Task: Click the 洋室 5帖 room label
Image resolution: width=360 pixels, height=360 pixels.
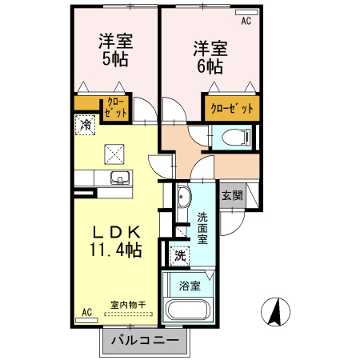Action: pyautogui.click(x=115, y=49)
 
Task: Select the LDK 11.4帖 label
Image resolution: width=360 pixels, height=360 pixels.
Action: pyautogui.click(x=116, y=241)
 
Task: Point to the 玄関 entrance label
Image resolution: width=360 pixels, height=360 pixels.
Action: pyautogui.click(x=232, y=195)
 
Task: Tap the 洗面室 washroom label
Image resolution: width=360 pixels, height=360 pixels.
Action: pyautogui.click(x=203, y=227)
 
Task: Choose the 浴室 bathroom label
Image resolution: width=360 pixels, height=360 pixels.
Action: pyautogui.click(x=190, y=285)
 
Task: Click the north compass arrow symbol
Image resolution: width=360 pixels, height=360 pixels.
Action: pyautogui.click(x=274, y=312)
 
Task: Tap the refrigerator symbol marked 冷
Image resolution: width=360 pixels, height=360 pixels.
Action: pyautogui.click(x=86, y=124)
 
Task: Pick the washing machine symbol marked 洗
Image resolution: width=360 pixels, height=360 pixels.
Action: pyautogui.click(x=181, y=256)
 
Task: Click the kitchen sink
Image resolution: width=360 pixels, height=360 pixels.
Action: pyautogui.click(x=118, y=177)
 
